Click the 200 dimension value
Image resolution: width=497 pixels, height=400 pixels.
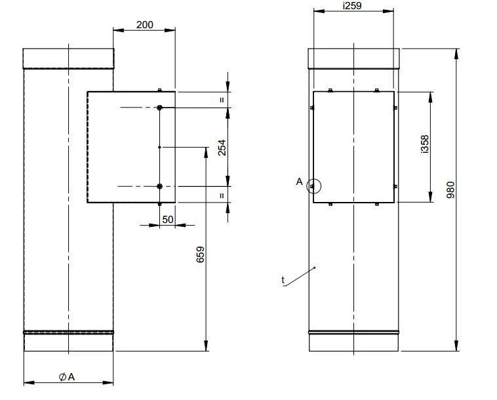(x=144, y=25)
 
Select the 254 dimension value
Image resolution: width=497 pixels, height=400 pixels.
(x=222, y=148)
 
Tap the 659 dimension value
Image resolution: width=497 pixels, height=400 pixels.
(x=201, y=254)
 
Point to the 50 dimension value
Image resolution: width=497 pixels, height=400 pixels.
(x=168, y=219)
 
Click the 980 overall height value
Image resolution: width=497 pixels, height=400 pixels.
(x=450, y=190)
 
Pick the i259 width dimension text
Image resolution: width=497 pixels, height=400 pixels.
(x=352, y=6)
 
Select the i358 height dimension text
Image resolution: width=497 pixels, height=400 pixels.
(x=425, y=144)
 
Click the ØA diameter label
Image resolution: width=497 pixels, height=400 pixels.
(x=67, y=377)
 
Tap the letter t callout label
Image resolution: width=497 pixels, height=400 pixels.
(x=283, y=280)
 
